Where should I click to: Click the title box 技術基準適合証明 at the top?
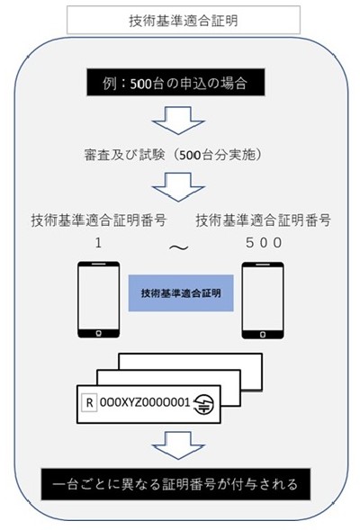pos(184,20)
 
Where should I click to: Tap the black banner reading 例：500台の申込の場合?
pos(175,83)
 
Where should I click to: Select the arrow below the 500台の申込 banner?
pos(178,121)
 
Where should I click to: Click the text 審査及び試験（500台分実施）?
pos(173,155)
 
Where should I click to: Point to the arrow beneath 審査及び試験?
pos(178,187)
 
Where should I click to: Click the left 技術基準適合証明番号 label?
pos(99,220)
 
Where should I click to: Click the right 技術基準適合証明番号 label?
pos(264,220)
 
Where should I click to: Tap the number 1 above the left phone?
pos(98,243)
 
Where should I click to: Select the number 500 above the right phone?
pos(264,243)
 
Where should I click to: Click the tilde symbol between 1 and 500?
pos(178,247)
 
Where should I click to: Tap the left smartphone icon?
pos(99,300)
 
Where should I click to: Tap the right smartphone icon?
pos(263,301)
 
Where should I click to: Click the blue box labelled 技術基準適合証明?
pos(181,292)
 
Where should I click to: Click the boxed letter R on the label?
pos(90,402)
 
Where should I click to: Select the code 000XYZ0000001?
pos(145,402)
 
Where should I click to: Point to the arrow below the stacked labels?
pos(178,445)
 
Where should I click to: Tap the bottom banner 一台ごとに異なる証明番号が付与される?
pos(175,484)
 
